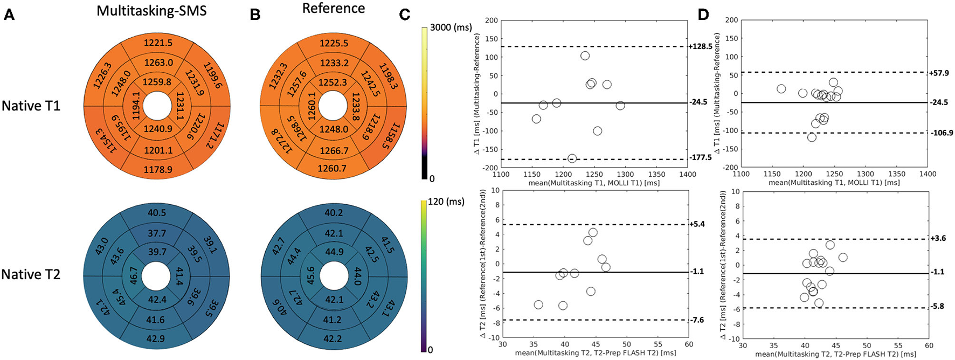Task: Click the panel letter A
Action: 9,15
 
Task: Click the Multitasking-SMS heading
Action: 151,11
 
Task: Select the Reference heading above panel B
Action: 333,9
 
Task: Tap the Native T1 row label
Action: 31,106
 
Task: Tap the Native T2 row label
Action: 31,274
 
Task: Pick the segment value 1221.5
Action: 158,43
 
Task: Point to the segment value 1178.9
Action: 158,170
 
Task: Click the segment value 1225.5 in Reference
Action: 334,43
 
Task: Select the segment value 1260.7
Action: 332,169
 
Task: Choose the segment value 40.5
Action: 157,213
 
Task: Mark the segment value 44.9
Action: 334,252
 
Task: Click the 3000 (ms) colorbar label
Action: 451,27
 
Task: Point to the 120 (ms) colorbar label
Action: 446,202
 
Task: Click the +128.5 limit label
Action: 700,47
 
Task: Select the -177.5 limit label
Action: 701,158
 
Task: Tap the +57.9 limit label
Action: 939,73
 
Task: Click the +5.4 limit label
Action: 697,224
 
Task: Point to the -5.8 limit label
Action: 937,307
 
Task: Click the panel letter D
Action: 703,15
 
